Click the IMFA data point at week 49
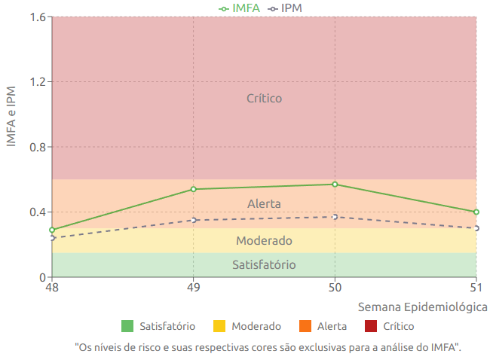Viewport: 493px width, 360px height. click(194, 189)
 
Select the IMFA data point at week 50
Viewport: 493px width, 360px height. click(335, 185)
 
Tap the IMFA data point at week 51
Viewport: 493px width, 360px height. click(476, 212)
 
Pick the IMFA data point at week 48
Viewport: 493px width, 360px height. click(52, 230)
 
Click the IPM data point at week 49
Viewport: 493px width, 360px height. click(194, 220)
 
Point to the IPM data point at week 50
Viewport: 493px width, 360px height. click(335, 217)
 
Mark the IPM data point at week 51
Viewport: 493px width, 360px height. click(476, 227)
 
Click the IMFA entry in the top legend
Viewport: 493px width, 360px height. click(241, 8)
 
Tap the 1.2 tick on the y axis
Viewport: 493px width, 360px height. click(35, 81)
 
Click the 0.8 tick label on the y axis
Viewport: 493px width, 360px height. click(35, 147)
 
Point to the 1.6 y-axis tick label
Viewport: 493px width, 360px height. click(35, 17)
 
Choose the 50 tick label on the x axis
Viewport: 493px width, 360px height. click(335, 288)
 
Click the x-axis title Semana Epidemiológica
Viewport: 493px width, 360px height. click(422, 307)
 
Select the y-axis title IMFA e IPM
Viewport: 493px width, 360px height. click(11, 117)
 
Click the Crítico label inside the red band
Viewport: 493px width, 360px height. click(264, 98)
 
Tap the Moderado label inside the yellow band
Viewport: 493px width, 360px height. click(264, 241)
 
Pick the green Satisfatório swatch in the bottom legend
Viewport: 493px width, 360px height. click(127, 326)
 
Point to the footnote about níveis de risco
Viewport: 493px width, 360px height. click(268, 347)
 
